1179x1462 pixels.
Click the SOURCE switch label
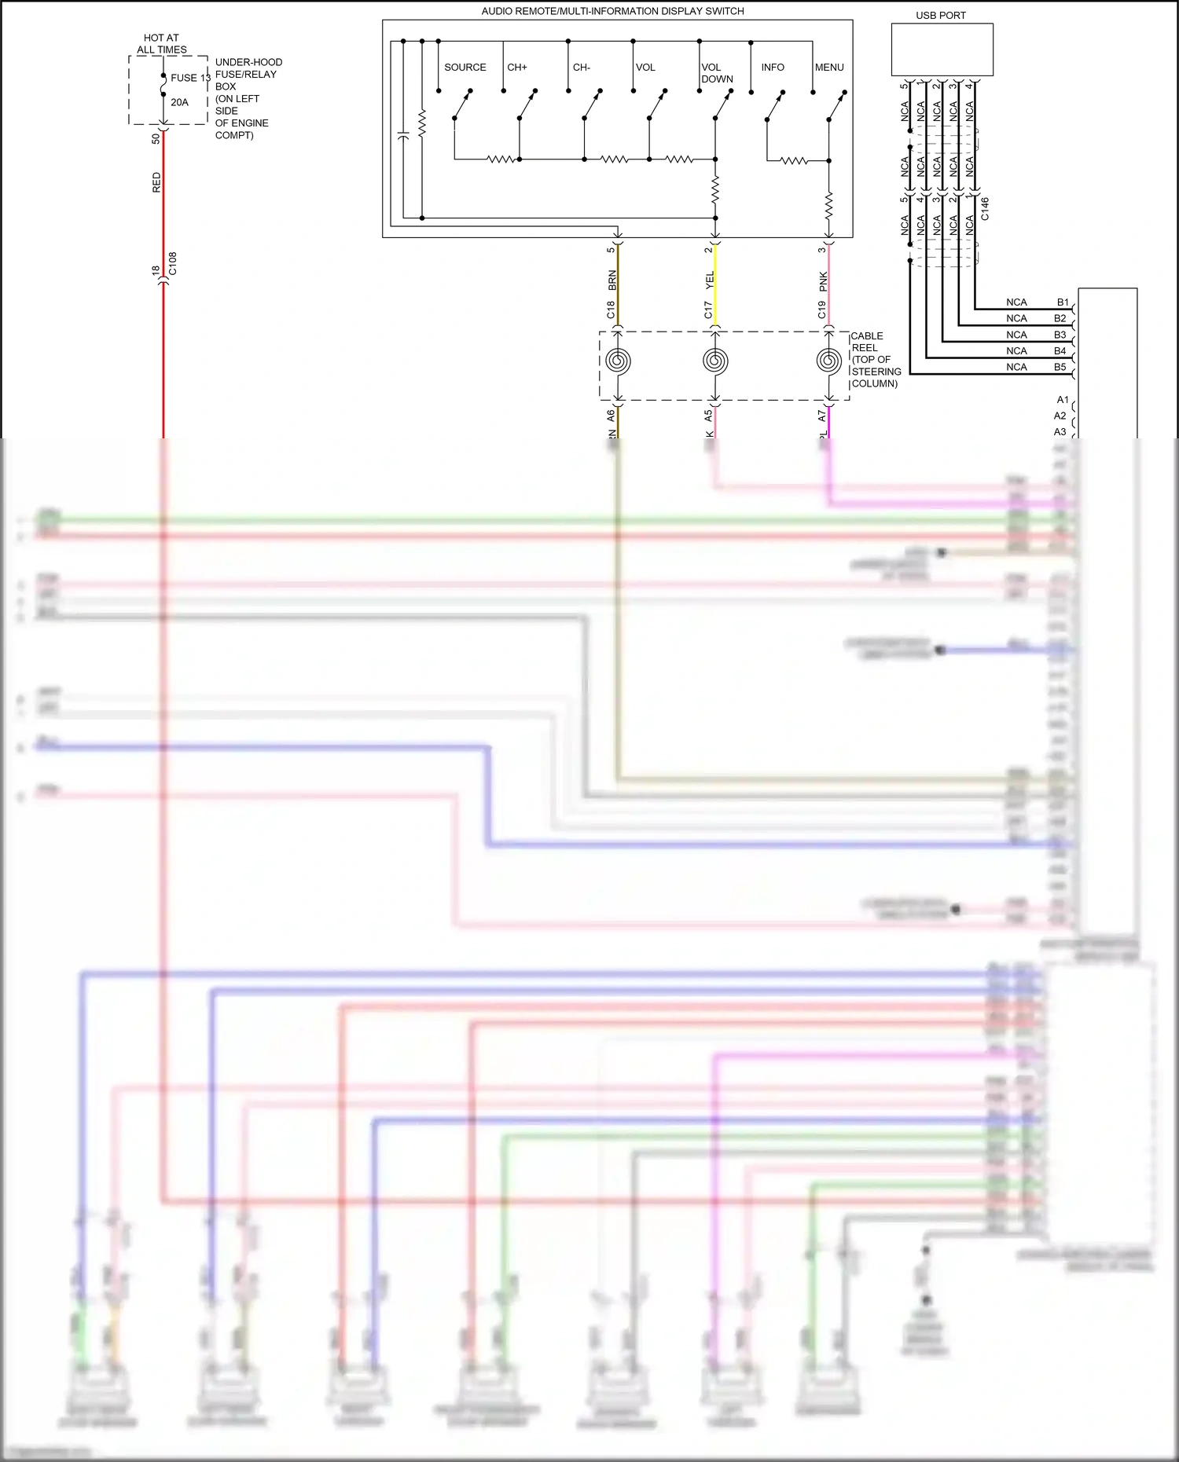pyautogui.click(x=465, y=68)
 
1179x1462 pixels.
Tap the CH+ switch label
pyautogui.click(x=517, y=68)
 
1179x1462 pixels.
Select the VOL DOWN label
pyautogui.click(x=716, y=73)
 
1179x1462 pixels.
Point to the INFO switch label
pyautogui.click(x=772, y=68)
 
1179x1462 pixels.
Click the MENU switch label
pyautogui.click(x=828, y=68)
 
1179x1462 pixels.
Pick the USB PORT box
pyautogui.click(x=942, y=49)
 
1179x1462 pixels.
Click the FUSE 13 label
pyautogui.click(x=189, y=78)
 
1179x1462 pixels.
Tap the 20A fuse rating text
pyautogui.click(x=179, y=102)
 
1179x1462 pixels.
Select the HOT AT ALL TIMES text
pyautogui.click(x=161, y=43)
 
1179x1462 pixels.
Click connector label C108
pyautogui.click(x=173, y=263)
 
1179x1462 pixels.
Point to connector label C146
pyautogui.click(x=985, y=209)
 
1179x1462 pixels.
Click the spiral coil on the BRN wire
pyautogui.click(x=618, y=361)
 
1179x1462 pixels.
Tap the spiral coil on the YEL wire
pyautogui.click(x=715, y=361)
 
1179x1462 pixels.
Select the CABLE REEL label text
pyautogui.click(x=874, y=359)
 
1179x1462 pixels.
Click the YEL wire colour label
pyautogui.click(x=709, y=280)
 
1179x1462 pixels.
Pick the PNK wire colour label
pyautogui.click(x=823, y=281)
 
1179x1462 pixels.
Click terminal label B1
pyautogui.click(x=1062, y=302)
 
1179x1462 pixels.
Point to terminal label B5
pyautogui.click(x=1060, y=367)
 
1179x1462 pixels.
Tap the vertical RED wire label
pyautogui.click(x=156, y=182)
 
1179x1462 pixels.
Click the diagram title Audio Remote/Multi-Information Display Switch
pyautogui.click(x=612, y=11)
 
